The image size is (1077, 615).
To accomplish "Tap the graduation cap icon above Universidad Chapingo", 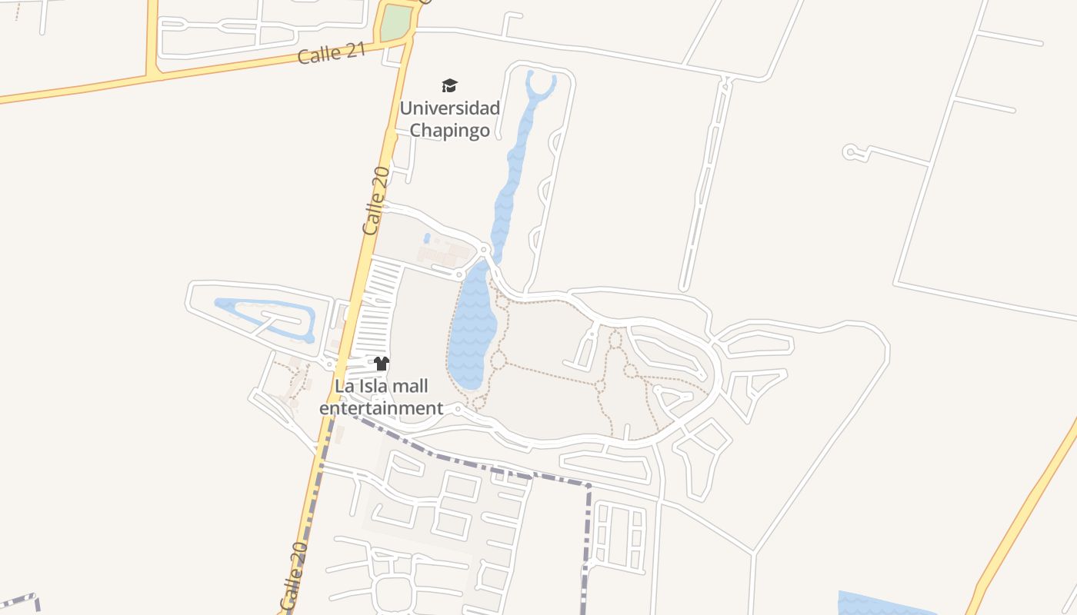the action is (449, 85).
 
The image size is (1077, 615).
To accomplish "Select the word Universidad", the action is (449, 108).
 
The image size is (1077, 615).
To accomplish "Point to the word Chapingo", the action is (449, 130).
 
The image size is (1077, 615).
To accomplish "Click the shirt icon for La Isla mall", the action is (382, 364).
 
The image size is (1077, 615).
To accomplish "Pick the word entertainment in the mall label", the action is (382, 408).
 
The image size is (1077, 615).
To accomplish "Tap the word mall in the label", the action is (407, 386).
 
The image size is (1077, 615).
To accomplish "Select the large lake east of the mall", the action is (471, 327).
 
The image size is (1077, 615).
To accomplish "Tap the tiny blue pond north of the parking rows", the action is (427, 238).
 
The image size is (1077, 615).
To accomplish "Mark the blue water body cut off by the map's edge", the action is (885, 603).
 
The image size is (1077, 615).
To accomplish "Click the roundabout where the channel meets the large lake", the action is (484, 250).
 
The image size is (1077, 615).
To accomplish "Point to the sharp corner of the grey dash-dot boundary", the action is (589, 486).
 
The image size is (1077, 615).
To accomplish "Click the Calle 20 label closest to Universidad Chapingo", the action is (374, 201).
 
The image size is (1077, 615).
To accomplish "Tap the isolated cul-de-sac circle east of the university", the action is (850, 152).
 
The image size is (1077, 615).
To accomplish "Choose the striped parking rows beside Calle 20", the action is (378, 307).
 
